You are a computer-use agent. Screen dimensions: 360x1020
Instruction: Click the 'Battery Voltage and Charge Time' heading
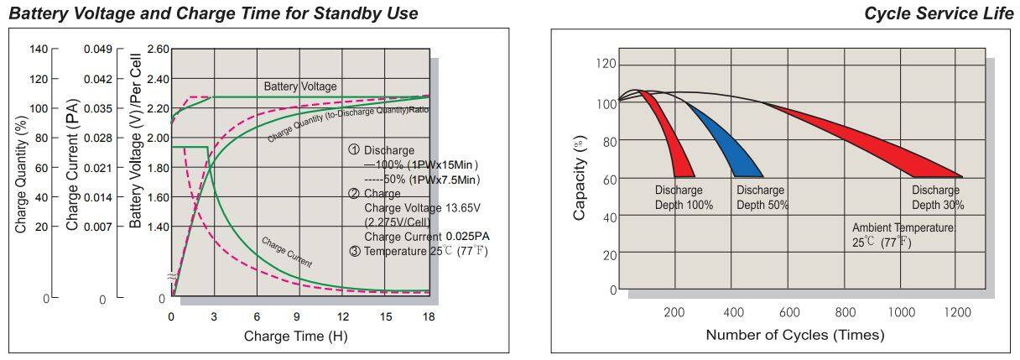click(x=213, y=13)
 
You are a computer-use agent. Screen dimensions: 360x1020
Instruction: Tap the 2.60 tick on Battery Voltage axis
click(x=157, y=50)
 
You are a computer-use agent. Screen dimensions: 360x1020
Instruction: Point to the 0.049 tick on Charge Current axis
click(x=97, y=50)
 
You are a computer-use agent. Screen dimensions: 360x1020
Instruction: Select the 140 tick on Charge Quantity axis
click(x=39, y=50)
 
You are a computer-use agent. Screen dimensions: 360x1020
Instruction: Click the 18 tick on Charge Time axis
click(x=428, y=316)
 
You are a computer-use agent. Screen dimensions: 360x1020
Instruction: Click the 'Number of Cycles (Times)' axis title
click(x=794, y=335)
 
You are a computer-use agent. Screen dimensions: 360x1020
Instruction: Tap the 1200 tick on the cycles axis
click(x=957, y=312)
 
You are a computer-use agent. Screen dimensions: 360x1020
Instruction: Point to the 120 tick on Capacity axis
click(x=606, y=65)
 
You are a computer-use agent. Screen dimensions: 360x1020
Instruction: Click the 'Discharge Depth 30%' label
click(x=937, y=197)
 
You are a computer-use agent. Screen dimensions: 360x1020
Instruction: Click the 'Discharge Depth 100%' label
click(x=684, y=197)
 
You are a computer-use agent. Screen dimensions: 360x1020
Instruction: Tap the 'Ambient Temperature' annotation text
click(x=903, y=228)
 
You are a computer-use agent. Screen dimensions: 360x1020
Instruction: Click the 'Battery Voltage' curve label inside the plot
click(x=300, y=86)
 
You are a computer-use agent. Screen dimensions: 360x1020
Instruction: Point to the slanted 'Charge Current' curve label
click(x=286, y=252)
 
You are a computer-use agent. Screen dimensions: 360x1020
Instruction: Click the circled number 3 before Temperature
click(x=355, y=251)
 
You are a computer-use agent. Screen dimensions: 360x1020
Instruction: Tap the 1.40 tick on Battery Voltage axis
click(x=157, y=227)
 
